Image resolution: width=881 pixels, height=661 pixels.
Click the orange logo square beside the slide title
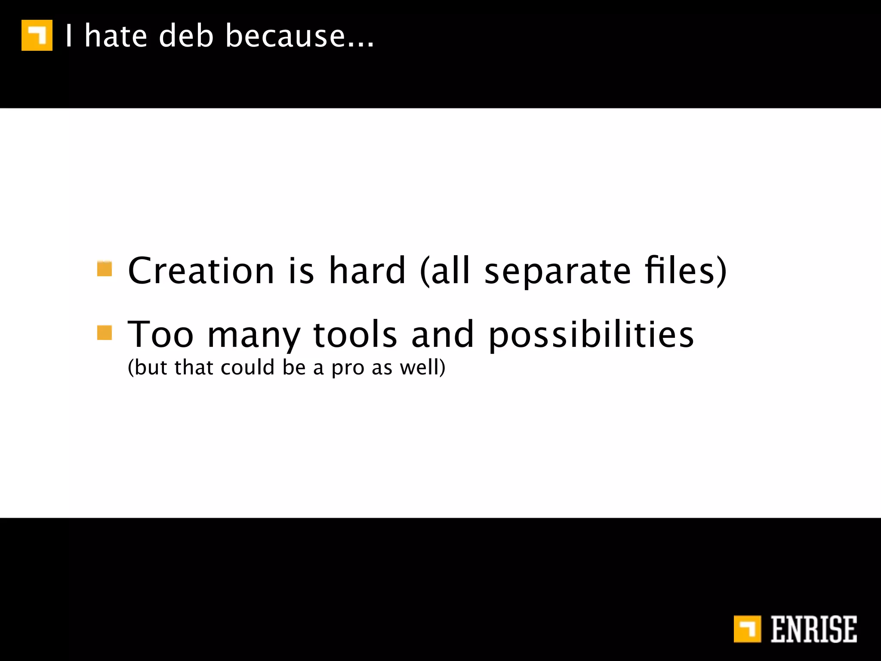point(37,35)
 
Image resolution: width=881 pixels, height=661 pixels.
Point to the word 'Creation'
point(201,271)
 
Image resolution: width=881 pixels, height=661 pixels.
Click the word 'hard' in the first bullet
point(367,271)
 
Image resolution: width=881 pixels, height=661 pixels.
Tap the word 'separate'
point(558,272)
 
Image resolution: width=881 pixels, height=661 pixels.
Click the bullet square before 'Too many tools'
point(105,332)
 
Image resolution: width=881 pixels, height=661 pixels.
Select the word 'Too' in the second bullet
point(160,334)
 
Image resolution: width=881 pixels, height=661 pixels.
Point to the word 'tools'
point(355,334)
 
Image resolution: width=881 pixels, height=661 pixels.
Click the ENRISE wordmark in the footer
point(813,630)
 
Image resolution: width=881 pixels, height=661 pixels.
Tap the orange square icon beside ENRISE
point(747,629)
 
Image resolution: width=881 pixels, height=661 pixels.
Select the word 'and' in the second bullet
point(443,334)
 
